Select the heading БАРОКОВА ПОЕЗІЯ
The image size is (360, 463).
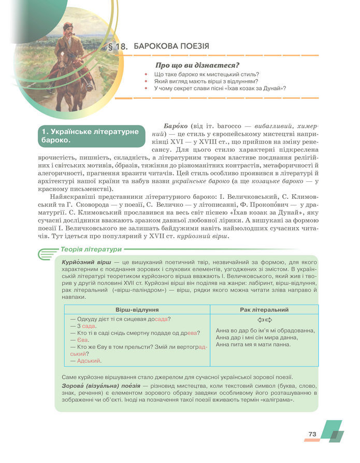point(171,47)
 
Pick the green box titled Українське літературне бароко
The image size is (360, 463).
point(91,136)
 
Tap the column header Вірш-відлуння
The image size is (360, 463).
point(137,309)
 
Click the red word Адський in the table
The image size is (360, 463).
point(89,360)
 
